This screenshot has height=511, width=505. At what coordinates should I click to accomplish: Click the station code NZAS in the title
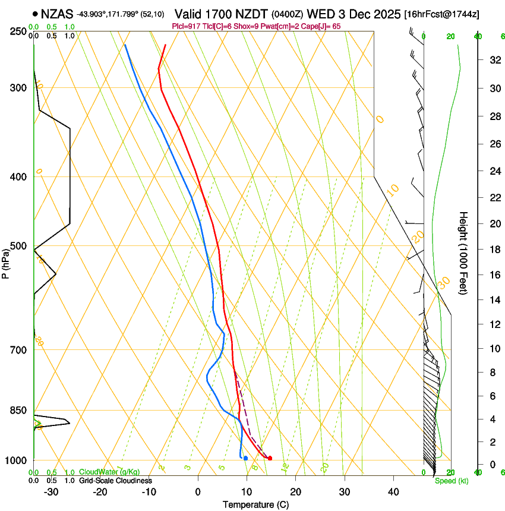[57, 13]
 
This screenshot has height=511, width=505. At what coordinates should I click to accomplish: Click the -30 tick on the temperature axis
[52, 492]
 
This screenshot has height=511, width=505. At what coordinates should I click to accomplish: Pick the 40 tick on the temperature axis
[393, 492]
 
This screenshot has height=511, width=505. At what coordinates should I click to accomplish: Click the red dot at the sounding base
[270, 458]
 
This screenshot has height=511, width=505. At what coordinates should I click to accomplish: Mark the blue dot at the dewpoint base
[245, 458]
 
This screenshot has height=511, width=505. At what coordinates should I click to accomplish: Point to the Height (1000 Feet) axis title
[463, 253]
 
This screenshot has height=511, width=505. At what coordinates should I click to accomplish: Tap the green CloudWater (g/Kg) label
[109, 472]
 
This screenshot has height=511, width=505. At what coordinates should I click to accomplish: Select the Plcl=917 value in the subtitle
[184, 27]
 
